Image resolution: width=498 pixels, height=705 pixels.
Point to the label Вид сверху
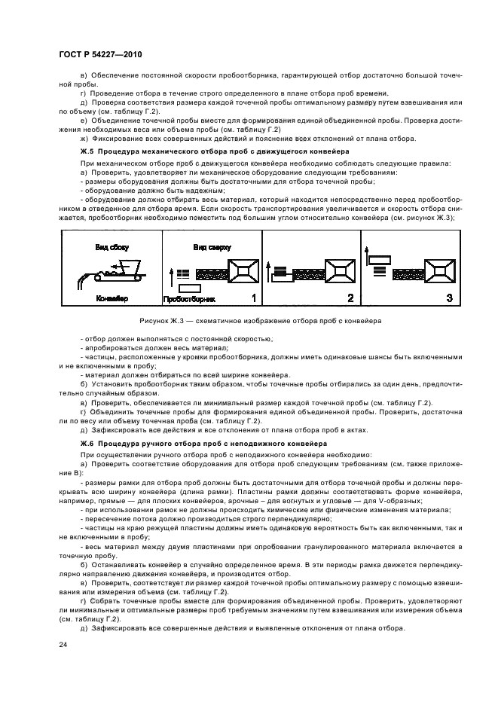pyautogui.click(x=212, y=247)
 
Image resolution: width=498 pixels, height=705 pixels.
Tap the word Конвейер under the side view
pyautogui.click(x=112, y=299)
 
